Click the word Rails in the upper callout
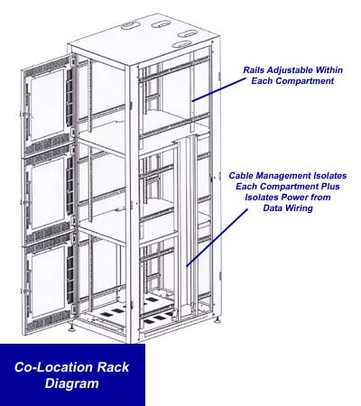click(x=256, y=68)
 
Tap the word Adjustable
click(x=295, y=68)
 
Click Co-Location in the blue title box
click(x=51, y=368)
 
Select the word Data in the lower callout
click(x=262, y=210)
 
